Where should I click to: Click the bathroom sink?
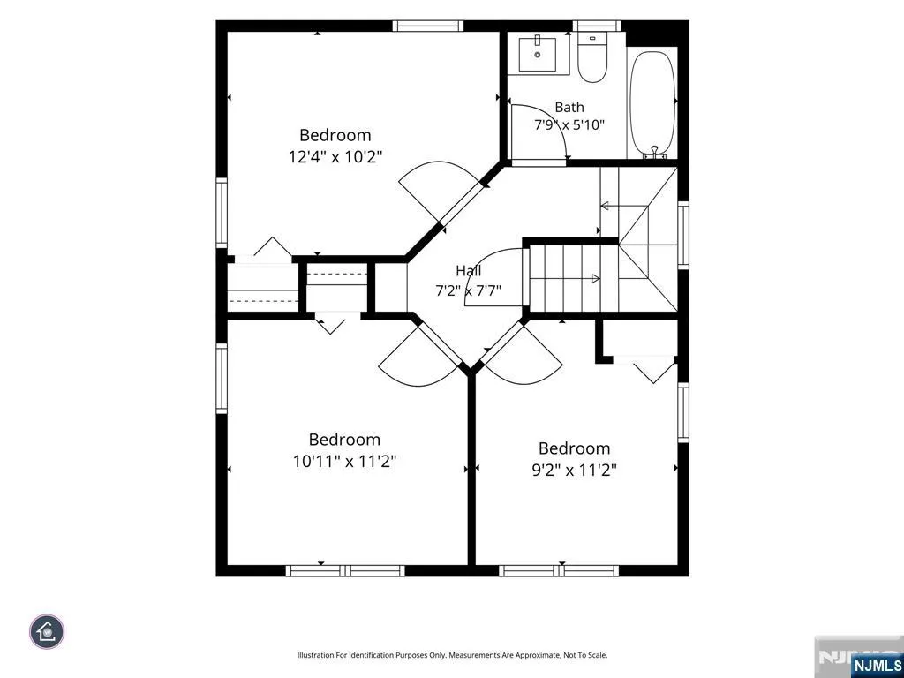[x=538, y=54]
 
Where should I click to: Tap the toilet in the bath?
[x=592, y=57]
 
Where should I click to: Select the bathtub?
[x=652, y=104]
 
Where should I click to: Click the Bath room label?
[x=569, y=107]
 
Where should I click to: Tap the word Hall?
[x=468, y=270]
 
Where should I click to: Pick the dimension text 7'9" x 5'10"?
[x=569, y=124]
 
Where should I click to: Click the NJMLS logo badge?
[x=876, y=665]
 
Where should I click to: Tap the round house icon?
[x=47, y=632]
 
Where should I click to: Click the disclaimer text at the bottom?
[x=452, y=655]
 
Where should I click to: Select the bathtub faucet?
[x=654, y=152]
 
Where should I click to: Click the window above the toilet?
[x=597, y=26]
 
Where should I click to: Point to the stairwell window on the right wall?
[x=683, y=235]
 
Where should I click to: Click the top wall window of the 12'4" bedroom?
[x=428, y=26]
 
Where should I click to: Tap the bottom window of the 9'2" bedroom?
[x=559, y=571]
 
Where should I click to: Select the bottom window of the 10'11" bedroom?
[x=345, y=571]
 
